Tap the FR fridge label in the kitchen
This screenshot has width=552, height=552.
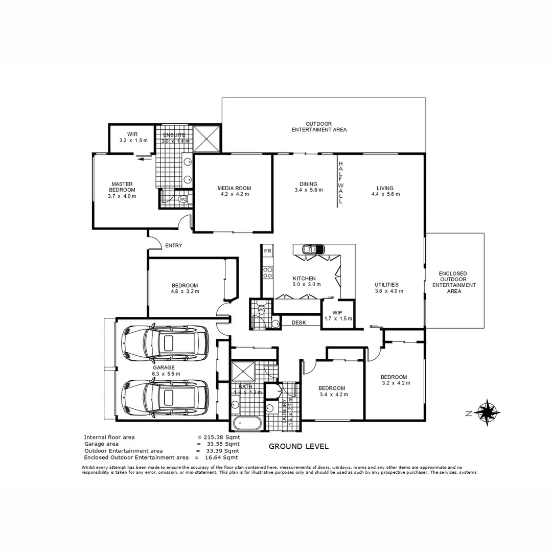pyautogui.click(x=267, y=251)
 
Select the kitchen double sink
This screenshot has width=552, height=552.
pyautogui.click(x=313, y=249)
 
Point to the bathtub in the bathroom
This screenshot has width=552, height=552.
pyautogui.click(x=247, y=423)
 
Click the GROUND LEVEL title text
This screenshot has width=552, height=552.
pyautogui.click(x=298, y=446)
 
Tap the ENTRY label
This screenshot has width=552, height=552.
pyautogui.click(x=174, y=246)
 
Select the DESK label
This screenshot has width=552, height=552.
pyautogui.click(x=298, y=323)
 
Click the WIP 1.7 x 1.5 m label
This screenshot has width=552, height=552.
pyautogui.click(x=338, y=315)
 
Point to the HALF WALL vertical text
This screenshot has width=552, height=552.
pyautogui.click(x=340, y=182)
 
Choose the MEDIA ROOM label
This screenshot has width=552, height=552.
pyautogui.click(x=234, y=191)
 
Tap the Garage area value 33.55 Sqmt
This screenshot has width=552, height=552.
pyautogui.click(x=218, y=444)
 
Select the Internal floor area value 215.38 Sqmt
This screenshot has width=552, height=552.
pyautogui.click(x=218, y=438)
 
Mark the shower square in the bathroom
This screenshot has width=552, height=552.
pyautogui.click(x=244, y=373)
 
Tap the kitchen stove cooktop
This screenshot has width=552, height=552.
pyautogui.click(x=267, y=272)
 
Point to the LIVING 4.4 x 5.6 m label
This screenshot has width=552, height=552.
pyautogui.click(x=385, y=191)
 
